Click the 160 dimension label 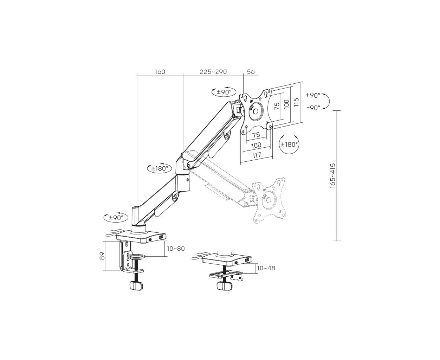[x=160, y=72]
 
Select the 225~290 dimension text [x=213, y=72]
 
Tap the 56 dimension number [x=251, y=72]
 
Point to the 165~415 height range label [x=333, y=176]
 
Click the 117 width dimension [x=257, y=155]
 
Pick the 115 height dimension [x=296, y=102]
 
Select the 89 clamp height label [x=102, y=256]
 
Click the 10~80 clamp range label [x=176, y=249]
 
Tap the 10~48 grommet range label [x=266, y=268]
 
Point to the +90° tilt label [x=313, y=95]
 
